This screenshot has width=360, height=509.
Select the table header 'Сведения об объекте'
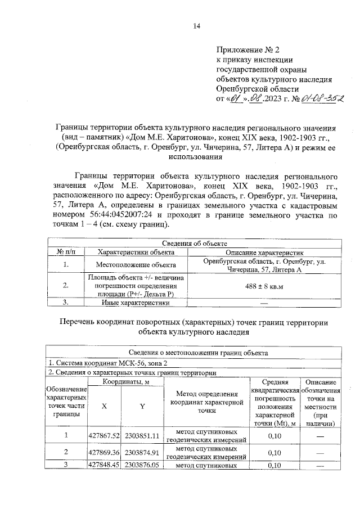point(195,243)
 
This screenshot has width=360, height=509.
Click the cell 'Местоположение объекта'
point(135,264)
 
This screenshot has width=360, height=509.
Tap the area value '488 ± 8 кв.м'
point(264,286)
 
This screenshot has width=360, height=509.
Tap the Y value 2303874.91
point(143,452)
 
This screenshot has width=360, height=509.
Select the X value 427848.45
point(105,465)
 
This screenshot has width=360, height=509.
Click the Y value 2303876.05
point(143,465)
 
